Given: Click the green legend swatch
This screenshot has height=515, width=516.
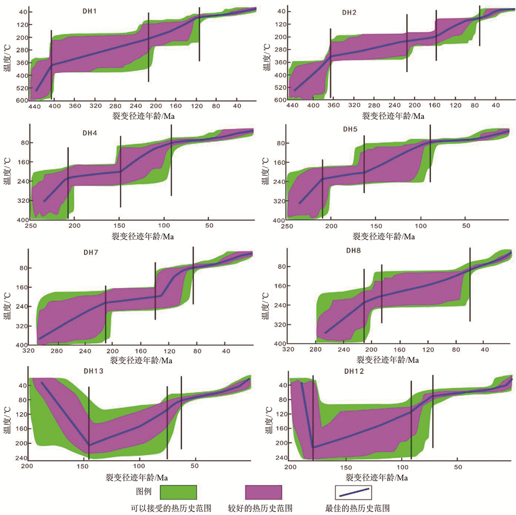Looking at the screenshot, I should click(x=178, y=492).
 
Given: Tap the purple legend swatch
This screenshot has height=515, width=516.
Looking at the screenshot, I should click(x=263, y=492).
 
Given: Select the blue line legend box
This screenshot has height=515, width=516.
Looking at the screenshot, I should click(x=353, y=492).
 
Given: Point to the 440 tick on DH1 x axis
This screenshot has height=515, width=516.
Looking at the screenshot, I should click(x=34, y=106).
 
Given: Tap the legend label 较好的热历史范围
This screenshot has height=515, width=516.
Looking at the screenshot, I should click(x=260, y=508).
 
